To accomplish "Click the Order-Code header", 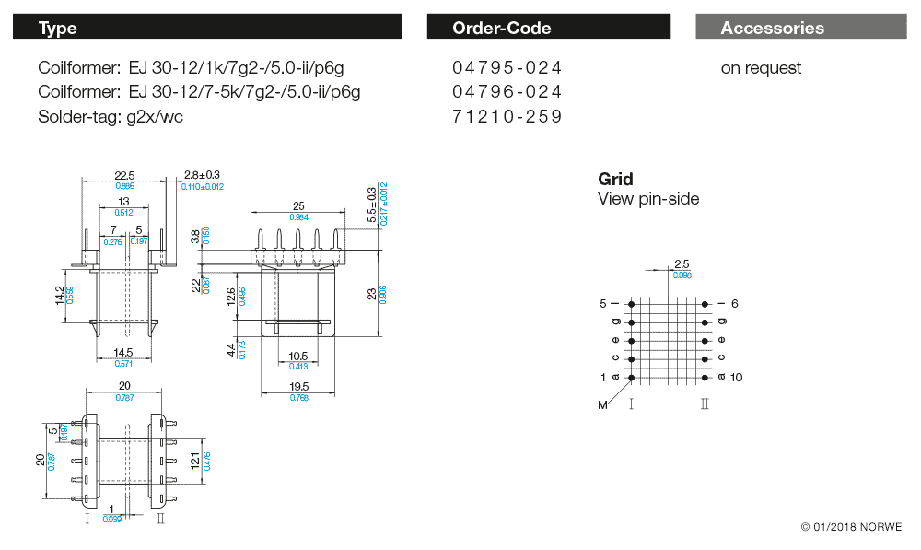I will point(548,28).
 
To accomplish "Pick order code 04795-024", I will point(507,68).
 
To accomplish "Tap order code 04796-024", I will point(507,92).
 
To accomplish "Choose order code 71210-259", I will point(507,116).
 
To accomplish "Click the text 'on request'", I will point(761,68).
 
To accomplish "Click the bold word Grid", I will point(615,179).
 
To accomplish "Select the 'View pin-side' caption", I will point(648,199).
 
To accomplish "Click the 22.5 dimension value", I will point(124,175).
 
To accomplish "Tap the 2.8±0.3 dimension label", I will point(202,175).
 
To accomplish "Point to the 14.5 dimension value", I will point(123,353).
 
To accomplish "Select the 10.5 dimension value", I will point(297,356).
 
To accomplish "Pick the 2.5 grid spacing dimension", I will point(682,265).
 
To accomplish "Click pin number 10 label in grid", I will point(736,378).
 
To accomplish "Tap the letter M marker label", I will point(603,405).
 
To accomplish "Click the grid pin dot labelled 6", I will point(705,303).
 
